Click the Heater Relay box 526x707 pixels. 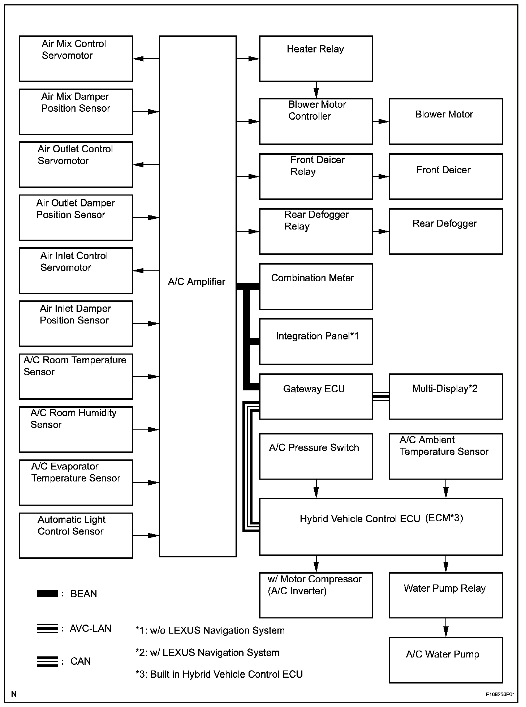tap(316, 59)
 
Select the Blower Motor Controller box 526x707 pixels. tap(316, 121)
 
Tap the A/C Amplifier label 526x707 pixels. tap(197, 282)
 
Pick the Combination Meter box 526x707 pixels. tap(316, 286)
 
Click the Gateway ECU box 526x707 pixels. tap(316, 396)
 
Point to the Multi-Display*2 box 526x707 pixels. tap(445, 396)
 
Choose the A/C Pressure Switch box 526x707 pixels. tap(316, 456)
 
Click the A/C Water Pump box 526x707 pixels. tap(445, 660)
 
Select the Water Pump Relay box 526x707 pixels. tap(445, 595)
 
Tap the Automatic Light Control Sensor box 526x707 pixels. tap(76, 535)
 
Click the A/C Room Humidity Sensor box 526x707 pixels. tap(76, 429)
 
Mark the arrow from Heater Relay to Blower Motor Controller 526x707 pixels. tap(316, 90)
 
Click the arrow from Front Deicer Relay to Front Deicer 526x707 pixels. tap(381, 176)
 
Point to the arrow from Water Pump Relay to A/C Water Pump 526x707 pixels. tap(446, 627)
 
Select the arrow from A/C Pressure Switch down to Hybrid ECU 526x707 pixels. tap(316, 489)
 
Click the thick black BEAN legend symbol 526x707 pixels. tap(47, 594)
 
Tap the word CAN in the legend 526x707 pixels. tap(81, 661)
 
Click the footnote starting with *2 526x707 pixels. tap(207, 652)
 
